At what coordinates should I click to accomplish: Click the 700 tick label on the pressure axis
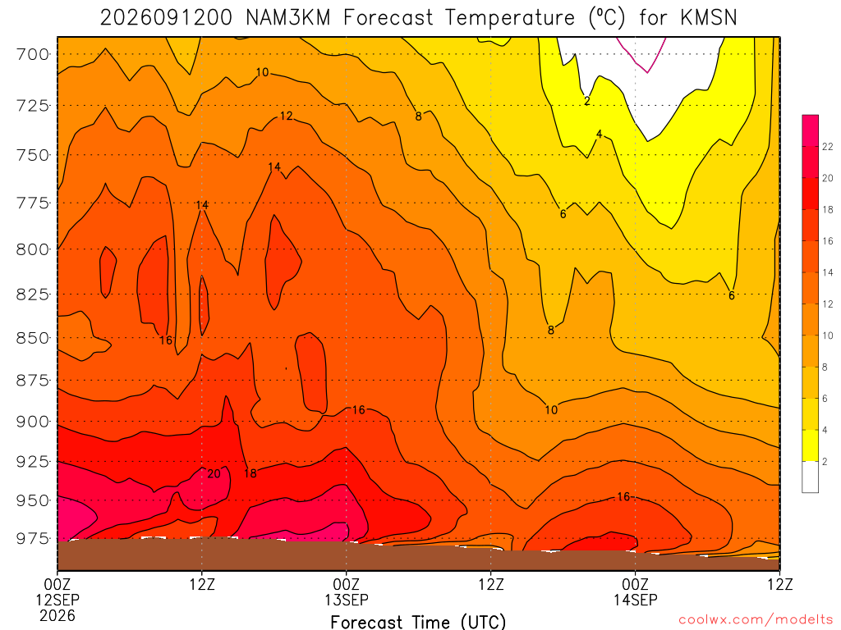(32, 55)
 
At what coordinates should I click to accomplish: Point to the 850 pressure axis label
(32, 339)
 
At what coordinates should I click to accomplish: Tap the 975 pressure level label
(32, 538)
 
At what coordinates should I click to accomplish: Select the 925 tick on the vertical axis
(32, 461)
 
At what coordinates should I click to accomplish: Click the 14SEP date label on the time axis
(636, 600)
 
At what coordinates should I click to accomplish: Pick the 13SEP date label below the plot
(347, 600)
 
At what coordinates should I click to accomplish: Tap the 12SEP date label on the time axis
(57, 600)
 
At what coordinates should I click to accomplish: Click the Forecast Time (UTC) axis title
(418, 622)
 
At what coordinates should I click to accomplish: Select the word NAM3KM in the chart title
(287, 18)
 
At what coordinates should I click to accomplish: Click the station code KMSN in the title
(709, 18)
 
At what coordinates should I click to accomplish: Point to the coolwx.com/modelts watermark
(756, 620)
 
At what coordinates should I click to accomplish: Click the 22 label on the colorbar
(828, 146)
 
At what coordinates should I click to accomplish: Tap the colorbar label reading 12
(828, 304)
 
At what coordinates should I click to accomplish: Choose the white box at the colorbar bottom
(811, 477)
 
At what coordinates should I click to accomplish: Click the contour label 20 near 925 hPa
(214, 473)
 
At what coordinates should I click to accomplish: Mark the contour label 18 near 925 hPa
(250, 473)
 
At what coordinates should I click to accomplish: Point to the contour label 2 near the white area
(587, 101)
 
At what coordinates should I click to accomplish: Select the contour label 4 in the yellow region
(599, 134)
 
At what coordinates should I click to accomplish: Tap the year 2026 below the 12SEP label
(57, 615)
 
